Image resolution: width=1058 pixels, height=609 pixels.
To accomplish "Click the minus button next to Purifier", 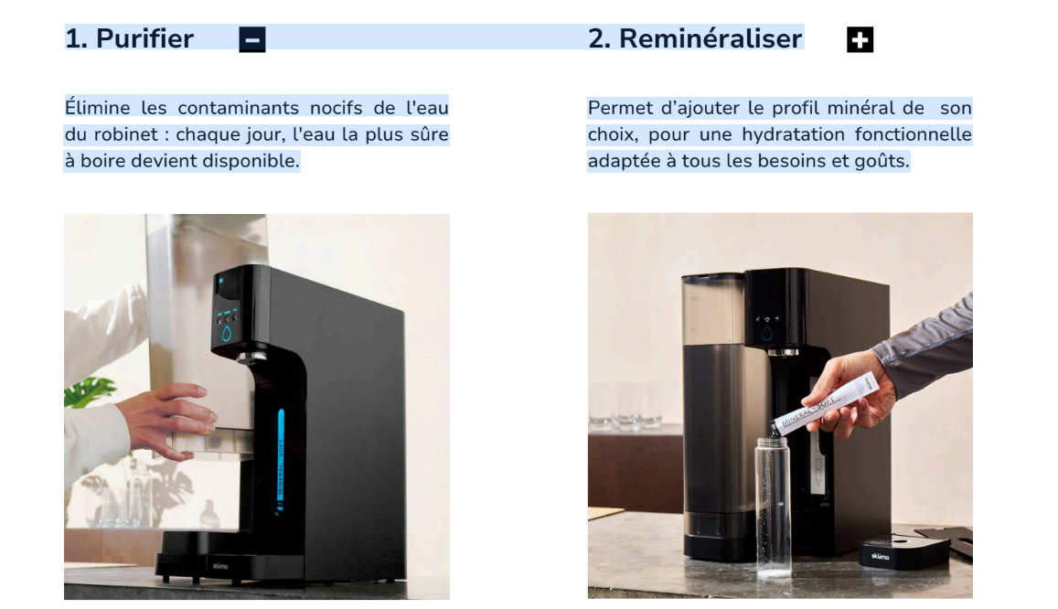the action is [252, 40].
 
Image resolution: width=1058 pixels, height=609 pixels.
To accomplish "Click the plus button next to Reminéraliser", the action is [860, 40].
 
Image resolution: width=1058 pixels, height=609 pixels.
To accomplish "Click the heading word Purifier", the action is [145, 38].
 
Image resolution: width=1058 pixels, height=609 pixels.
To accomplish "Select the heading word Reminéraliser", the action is [711, 38].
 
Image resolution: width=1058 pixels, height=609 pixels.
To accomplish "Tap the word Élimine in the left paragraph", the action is [98, 108].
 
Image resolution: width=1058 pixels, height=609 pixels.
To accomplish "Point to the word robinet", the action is [125, 134].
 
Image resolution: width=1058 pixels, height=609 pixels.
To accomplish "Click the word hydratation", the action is [793, 134].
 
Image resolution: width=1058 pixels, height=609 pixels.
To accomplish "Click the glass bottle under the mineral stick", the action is [773, 506].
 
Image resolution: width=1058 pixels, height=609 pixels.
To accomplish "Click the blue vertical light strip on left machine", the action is [281, 459].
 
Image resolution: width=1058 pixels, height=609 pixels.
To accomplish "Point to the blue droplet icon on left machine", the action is [227, 333].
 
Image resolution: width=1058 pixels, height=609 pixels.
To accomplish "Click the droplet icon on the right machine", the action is [766, 333].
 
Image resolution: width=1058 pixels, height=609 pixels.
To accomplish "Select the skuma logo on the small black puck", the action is [881, 556].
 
